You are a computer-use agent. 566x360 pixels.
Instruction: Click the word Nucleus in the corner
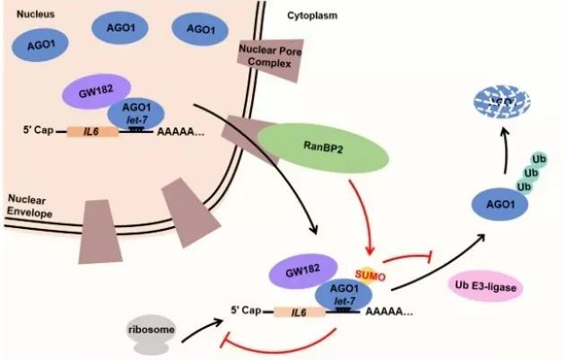click(x=26, y=14)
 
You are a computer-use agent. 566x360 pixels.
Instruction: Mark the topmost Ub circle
click(x=537, y=157)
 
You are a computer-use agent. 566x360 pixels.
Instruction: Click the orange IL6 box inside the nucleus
click(x=91, y=132)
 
